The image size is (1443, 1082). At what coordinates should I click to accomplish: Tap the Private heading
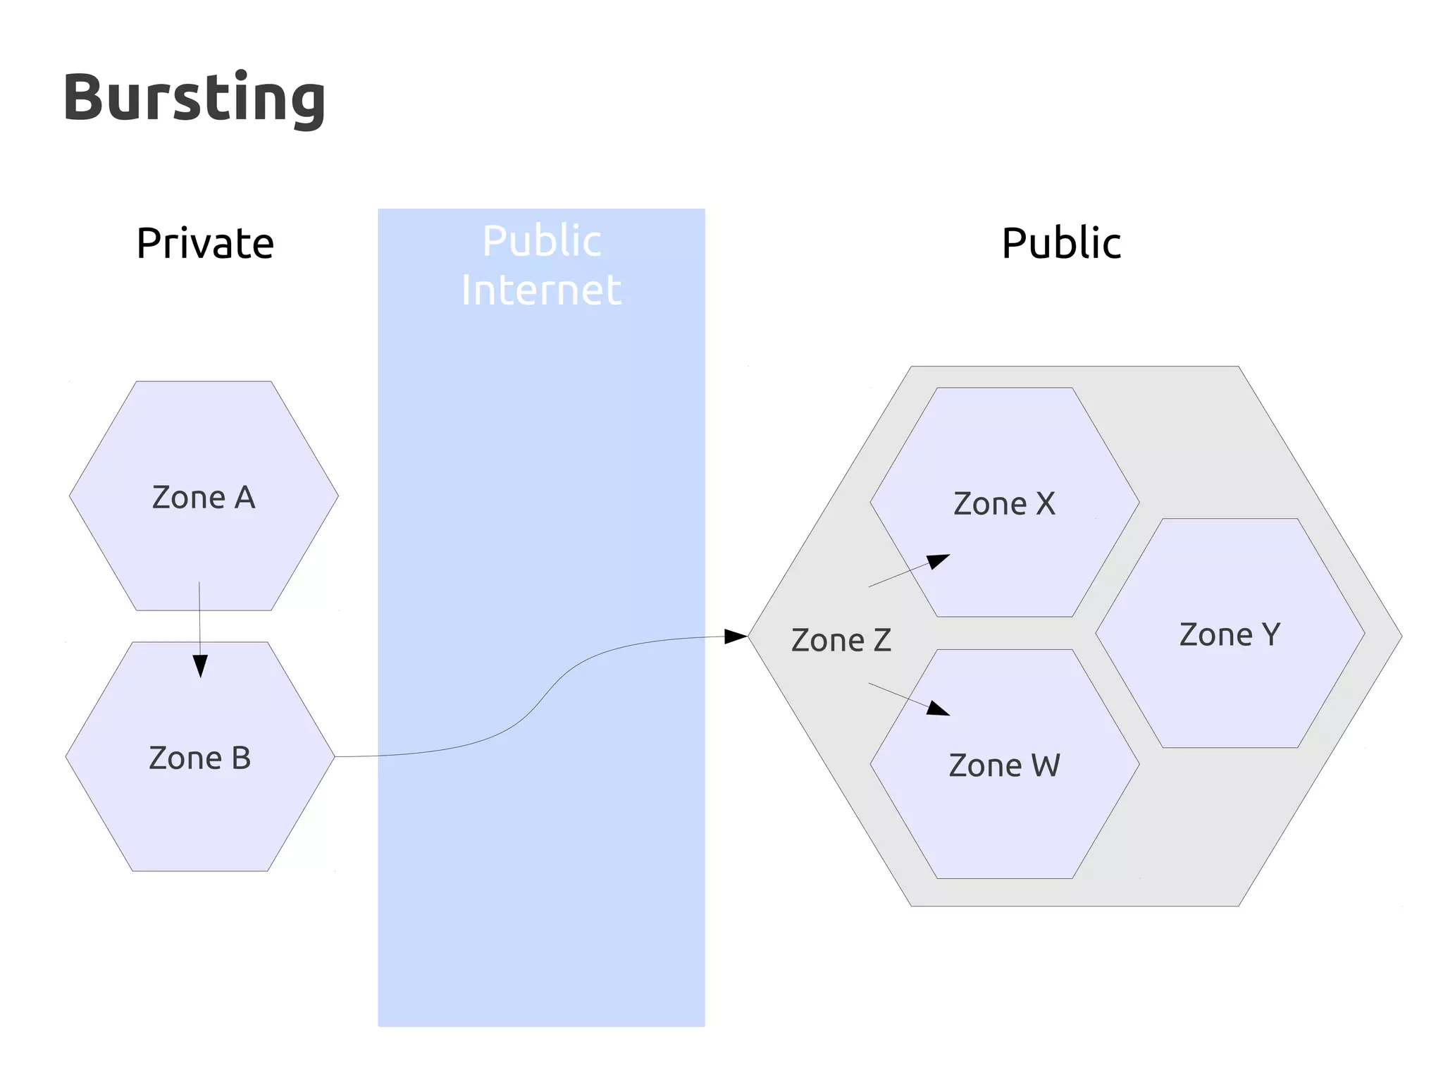205,243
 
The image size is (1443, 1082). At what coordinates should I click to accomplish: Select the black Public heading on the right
1061,243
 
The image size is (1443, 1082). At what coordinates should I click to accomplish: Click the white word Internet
541,290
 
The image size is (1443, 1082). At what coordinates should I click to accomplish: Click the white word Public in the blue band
541,241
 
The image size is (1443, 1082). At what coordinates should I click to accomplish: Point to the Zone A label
204,498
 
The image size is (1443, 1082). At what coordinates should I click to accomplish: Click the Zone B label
200,758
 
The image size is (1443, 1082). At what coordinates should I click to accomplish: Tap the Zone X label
1005,504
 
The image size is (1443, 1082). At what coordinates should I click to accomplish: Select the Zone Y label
1230,634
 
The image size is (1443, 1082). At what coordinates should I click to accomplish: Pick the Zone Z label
841,640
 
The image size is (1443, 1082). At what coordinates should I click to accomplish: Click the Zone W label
1005,766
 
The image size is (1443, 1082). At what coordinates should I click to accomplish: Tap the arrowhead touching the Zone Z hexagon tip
736,637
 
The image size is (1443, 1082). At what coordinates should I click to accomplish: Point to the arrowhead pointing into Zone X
939,561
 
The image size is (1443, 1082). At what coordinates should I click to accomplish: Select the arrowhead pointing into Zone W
939,708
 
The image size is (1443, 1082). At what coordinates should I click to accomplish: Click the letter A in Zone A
244,498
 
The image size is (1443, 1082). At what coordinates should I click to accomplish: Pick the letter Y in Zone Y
1271,634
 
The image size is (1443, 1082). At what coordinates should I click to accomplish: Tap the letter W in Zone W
1046,766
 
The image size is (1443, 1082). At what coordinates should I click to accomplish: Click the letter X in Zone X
1046,504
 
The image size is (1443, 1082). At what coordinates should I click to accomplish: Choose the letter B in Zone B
241,758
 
